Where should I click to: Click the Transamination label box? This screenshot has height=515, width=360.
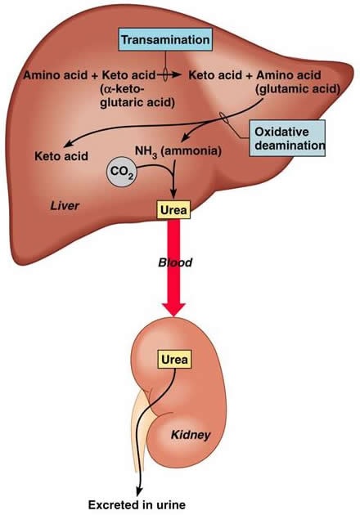(165, 39)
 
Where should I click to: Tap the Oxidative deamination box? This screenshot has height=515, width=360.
(287, 138)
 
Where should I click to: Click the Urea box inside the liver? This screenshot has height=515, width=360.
(173, 209)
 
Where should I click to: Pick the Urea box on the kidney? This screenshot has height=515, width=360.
(174, 359)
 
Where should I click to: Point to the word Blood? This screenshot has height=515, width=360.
(175, 262)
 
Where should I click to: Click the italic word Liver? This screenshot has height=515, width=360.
(65, 206)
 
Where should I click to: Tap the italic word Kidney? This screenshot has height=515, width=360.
(191, 435)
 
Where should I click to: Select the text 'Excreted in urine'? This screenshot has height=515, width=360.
(137, 504)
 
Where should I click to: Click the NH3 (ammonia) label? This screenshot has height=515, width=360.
(178, 151)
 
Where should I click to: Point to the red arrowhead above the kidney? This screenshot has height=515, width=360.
(173, 309)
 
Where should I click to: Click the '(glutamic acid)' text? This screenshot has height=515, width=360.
(298, 89)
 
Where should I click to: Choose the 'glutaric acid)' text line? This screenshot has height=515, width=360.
(137, 103)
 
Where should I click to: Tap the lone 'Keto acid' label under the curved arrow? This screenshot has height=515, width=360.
(61, 155)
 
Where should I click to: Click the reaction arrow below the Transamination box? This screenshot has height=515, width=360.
(169, 75)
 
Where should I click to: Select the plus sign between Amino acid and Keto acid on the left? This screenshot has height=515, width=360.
(95, 75)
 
